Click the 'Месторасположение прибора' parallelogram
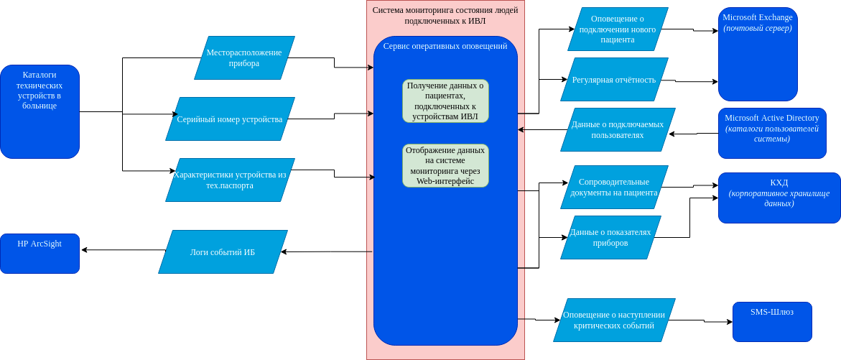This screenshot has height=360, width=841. coord(244,57)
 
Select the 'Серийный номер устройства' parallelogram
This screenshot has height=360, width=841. coord(230,119)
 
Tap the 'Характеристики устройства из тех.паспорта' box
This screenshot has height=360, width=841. coord(230,180)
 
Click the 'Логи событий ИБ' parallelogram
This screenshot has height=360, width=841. coord(223,251)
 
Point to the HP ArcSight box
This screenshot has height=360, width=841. coord(40,253)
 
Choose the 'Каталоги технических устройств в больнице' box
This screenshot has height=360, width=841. coord(40,111)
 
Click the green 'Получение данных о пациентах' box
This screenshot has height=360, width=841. coord(446,101)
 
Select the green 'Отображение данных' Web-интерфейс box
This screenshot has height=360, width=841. coord(446,165)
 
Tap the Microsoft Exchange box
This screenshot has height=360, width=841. coord(758,54)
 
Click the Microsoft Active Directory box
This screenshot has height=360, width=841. coord(772,133)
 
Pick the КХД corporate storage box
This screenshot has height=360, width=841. coord(779,198)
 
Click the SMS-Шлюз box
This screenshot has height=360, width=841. coord(772,322)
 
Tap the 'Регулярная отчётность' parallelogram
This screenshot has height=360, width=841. coord(614,80)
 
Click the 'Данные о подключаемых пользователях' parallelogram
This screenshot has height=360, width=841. coord(618,130)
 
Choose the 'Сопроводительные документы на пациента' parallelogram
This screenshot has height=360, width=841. coord(614,188)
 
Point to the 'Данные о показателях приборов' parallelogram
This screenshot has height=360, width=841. coord(611,238)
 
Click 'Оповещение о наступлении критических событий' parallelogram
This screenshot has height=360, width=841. coord(614,320)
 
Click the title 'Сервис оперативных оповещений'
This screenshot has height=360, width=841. coord(445,46)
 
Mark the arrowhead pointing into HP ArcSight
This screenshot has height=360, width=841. coord(84,249)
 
